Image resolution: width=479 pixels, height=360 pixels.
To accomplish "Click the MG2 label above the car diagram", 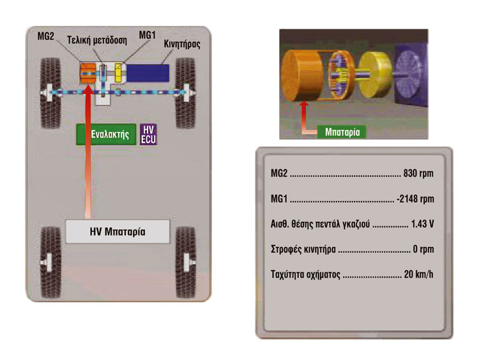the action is [x=45, y=36].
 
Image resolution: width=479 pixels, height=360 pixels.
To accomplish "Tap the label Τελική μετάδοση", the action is [x=97, y=40].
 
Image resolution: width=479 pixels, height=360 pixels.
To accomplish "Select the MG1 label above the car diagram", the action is [x=148, y=35].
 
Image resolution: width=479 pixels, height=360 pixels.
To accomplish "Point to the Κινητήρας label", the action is [x=182, y=44].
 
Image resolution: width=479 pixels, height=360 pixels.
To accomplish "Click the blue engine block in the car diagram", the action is [x=148, y=73].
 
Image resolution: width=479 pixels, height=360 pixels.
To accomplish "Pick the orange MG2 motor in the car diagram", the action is [x=87, y=73].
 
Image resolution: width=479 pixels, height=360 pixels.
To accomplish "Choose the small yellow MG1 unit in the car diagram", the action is [x=118, y=73].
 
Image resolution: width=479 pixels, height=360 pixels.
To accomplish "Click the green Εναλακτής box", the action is [x=106, y=134].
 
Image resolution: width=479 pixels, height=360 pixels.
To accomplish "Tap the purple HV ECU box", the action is [x=148, y=134].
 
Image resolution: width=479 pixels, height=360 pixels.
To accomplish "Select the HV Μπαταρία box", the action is [x=118, y=232].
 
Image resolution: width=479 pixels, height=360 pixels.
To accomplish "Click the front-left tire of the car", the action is [x=50, y=93].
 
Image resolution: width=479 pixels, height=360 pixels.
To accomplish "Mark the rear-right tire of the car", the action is [x=186, y=262].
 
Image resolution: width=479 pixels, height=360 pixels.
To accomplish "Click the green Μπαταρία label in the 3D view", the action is [x=342, y=132].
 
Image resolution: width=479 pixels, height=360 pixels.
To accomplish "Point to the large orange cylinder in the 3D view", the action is [x=302, y=75].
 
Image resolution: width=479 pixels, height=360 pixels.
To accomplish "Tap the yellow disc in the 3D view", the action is [x=375, y=75].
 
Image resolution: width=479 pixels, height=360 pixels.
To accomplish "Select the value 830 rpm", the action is [x=418, y=174].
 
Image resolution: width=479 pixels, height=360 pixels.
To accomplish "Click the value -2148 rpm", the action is [x=415, y=199].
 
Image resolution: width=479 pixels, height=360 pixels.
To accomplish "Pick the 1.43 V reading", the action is [x=423, y=224].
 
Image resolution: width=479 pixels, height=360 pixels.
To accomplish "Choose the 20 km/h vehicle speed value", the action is [x=418, y=274].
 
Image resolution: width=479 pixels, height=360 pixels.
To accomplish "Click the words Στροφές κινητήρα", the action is [x=303, y=250].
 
